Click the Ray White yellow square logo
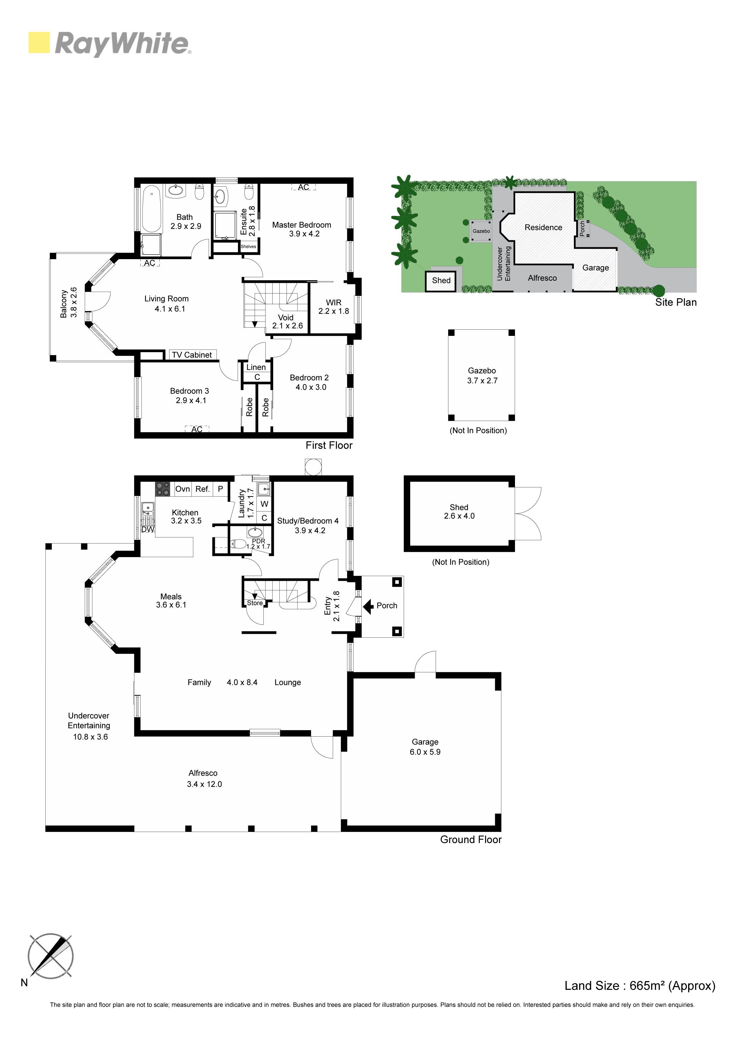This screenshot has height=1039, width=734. pyautogui.click(x=39, y=43)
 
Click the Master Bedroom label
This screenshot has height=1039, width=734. pyautogui.click(x=301, y=225)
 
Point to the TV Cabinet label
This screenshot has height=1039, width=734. pyautogui.click(x=192, y=355)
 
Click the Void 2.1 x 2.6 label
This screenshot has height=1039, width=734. pyautogui.click(x=287, y=321)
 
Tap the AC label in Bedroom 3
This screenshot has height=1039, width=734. pyautogui.click(x=197, y=429)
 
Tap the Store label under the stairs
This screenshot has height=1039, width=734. pyautogui.click(x=255, y=603)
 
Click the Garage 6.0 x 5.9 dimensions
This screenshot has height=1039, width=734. pyautogui.click(x=425, y=752)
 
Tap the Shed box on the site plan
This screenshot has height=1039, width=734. pyautogui.click(x=441, y=280)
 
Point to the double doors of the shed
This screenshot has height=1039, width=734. pyautogui.click(x=528, y=514)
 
